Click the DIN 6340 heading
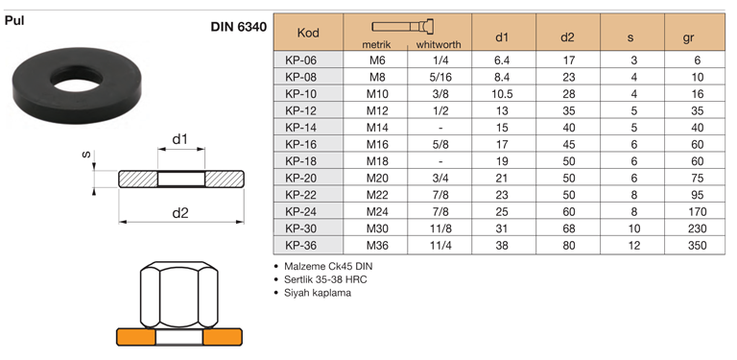tap(239, 27)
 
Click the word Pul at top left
tap(14, 21)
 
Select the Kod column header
tap(308, 33)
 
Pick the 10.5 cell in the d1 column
tap(502, 94)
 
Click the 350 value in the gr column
tap(697, 246)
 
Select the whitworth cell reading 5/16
tap(440, 77)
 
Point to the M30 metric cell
tap(377, 228)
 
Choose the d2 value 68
tap(568, 228)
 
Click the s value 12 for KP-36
tap(634, 246)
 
